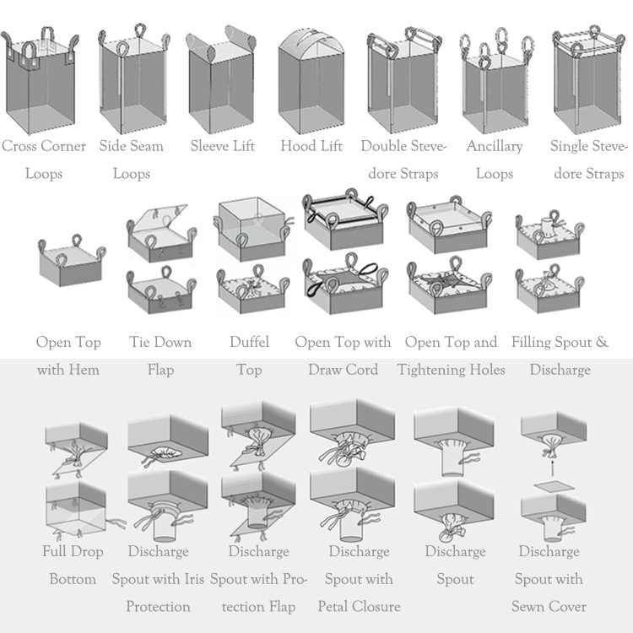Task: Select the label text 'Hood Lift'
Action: tap(311, 146)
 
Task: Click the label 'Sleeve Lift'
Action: tap(223, 146)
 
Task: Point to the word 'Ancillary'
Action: tap(495, 146)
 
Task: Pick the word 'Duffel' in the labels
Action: tap(249, 342)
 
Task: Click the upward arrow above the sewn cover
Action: tap(553, 468)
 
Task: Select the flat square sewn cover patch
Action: tap(555, 486)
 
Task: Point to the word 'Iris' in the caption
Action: tap(194, 579)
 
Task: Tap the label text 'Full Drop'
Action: tap(73, 551)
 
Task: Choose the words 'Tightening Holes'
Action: tap(451, 370)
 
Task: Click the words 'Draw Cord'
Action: tap(344, 370)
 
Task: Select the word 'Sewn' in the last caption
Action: tap(527, 606)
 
